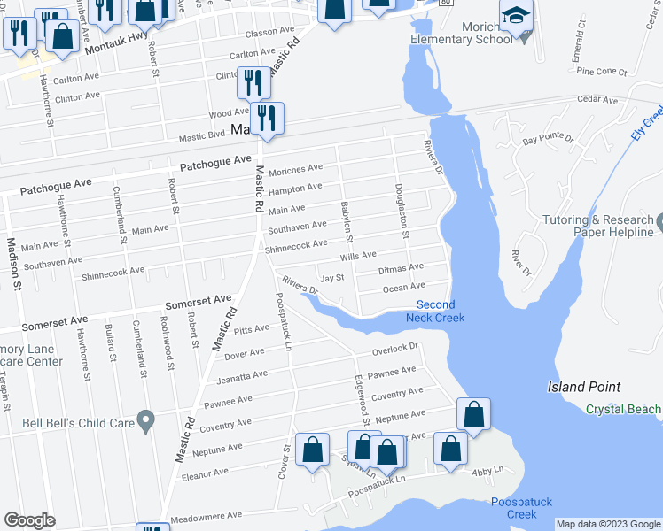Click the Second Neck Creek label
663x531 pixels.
point(435,311)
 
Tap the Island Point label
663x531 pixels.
point(583,387)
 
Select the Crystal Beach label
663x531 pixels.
point(623,409)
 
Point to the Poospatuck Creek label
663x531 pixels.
point(521,508)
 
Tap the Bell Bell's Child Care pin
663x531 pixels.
point(147,419)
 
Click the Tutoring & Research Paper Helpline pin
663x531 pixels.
point(659,220)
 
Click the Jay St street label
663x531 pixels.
point(331,279)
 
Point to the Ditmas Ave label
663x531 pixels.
point(401,267)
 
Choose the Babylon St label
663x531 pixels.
point(347,222)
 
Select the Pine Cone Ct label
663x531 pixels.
point(601,72)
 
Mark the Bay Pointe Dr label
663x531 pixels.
point(549,140)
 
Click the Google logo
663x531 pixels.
point(30,520)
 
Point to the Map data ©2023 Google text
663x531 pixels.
point(608,524)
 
